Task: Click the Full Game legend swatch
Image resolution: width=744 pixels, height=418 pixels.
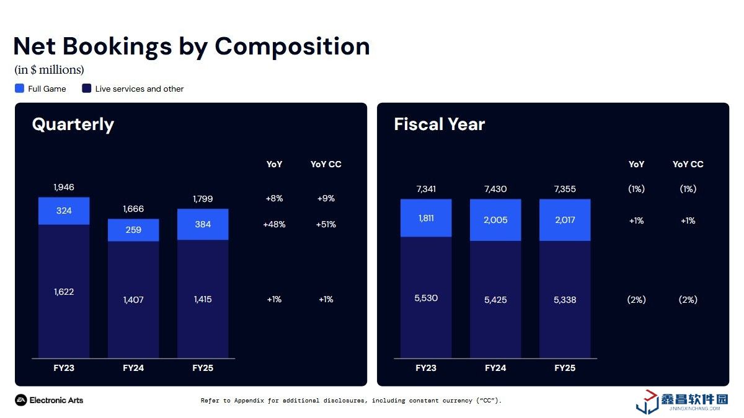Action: (x=19, y=89)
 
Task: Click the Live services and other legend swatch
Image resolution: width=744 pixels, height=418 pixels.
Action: (x=87, y=89)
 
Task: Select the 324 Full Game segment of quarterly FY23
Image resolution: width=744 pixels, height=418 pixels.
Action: (x=64, y=211)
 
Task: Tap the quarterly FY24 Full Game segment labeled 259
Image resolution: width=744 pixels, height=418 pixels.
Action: (x=133, y=230)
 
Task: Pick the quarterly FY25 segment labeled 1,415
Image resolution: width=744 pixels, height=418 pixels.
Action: (x=203, y=299)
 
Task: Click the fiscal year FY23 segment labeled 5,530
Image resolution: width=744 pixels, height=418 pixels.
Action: (x=426, y=298)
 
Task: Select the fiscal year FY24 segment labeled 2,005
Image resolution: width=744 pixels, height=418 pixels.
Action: (x=495, y=220)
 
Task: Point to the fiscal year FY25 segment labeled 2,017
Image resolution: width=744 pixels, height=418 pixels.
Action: (x=565, y=220)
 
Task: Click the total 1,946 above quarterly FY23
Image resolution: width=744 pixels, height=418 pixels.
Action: (x=64, y=187)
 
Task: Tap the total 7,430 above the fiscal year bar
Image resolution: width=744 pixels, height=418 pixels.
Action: (x=495, y=189)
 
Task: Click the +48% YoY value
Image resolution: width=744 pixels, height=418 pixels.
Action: (x=274, y=224)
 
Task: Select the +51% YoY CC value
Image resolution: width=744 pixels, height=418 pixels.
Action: (x=326, y=224)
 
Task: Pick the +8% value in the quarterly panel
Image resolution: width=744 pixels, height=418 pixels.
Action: (x=274, y=199)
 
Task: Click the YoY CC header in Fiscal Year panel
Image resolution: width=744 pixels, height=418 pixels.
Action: (x=688, y=164)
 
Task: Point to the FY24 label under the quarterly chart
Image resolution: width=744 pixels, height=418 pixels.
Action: (x=133, y=368)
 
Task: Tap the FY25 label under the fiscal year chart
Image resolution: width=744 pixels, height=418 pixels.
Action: (x=565, y=368)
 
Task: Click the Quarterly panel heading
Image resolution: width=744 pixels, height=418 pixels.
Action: (x=73, y=124)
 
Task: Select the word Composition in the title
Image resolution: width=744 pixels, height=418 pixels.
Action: (x=292, y=46)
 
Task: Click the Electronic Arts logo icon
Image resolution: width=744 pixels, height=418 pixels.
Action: (x=20, y=400)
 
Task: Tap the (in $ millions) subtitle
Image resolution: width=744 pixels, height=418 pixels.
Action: (x=49, y=70)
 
